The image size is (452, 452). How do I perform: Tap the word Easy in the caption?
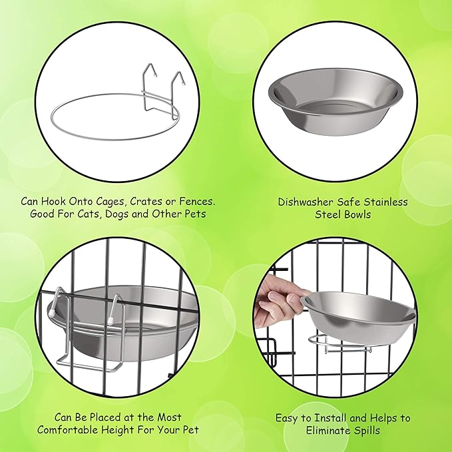pyautogui.click(x=288, y=418)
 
